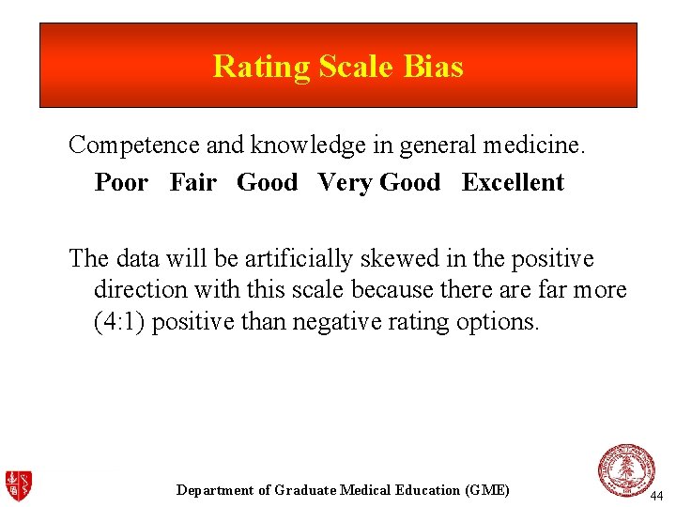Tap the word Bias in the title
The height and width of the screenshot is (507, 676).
436,67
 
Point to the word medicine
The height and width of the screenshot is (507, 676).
531,146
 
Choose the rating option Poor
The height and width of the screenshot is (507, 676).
121,182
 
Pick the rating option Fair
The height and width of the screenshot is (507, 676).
193,182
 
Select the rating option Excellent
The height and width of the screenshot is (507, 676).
513,182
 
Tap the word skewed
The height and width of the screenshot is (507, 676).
396,258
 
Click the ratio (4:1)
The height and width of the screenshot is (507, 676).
119,322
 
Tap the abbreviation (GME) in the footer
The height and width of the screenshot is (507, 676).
486,490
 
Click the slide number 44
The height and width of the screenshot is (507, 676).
656,495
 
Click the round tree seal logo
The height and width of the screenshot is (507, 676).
626,469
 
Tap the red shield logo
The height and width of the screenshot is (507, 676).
18,484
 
